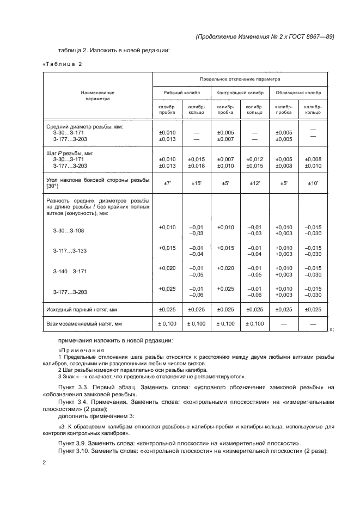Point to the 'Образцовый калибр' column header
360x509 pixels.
[298, 93]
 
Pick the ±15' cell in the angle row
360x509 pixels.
[196, 183]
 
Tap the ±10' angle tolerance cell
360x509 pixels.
[313, 183]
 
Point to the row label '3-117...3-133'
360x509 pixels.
[70, 251]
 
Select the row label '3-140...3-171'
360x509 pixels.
[70, 271]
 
